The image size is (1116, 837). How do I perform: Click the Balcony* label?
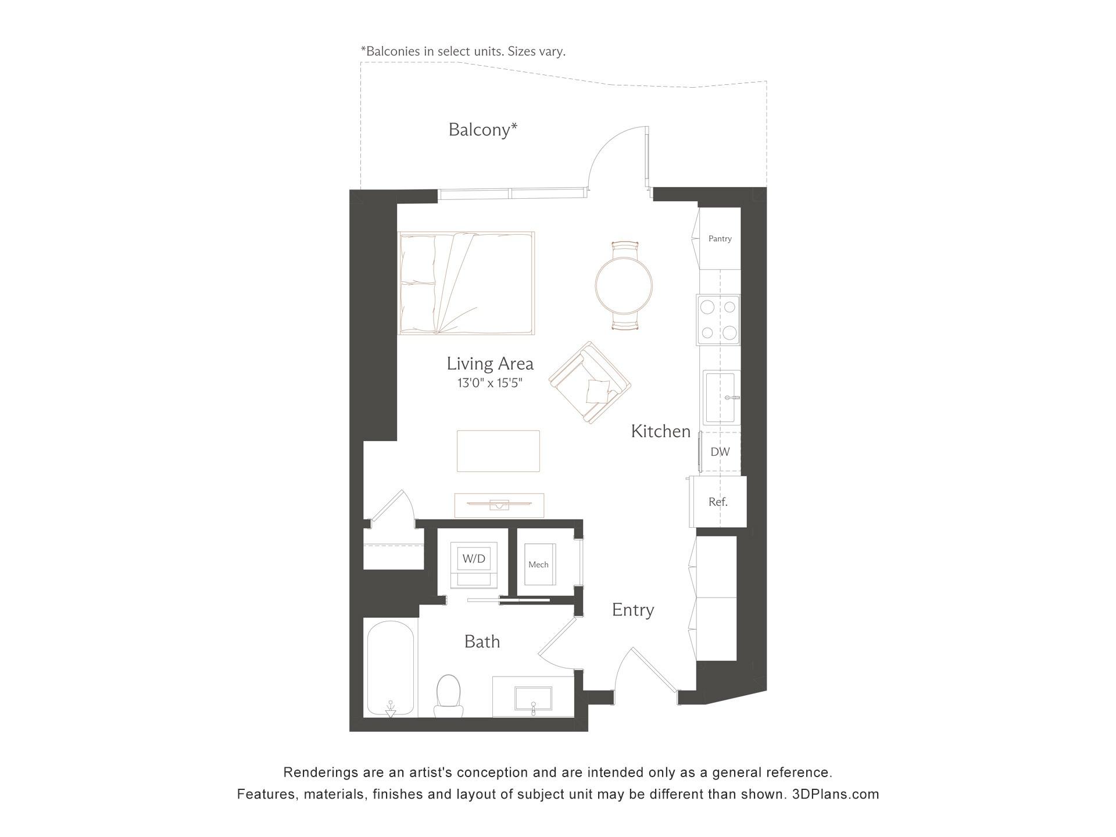tap(482, 130)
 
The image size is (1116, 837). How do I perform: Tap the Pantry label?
tap(720, 238)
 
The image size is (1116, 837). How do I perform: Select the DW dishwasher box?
tap(720, 452)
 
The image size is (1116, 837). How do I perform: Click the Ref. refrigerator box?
tap(718, 502)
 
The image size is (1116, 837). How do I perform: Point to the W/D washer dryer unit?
tap(474, 564)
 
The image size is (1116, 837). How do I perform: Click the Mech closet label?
tap(538, 564)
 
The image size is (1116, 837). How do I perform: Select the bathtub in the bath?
tap(391, 668)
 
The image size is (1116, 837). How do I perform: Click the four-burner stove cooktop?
tap(718, 320)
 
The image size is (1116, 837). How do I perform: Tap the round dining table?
tap(624, 285)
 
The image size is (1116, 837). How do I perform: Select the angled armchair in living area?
tap(590, 382)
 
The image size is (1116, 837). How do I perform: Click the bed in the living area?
tap(466, 283)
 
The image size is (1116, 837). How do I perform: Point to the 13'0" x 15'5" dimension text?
tap(489, 383)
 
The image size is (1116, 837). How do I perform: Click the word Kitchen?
tap(660, 431)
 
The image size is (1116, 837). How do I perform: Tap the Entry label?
tap(632, 610)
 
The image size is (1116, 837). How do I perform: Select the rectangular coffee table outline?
tap(498, 451)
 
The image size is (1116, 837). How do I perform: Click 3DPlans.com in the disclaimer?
tap(835, 794)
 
